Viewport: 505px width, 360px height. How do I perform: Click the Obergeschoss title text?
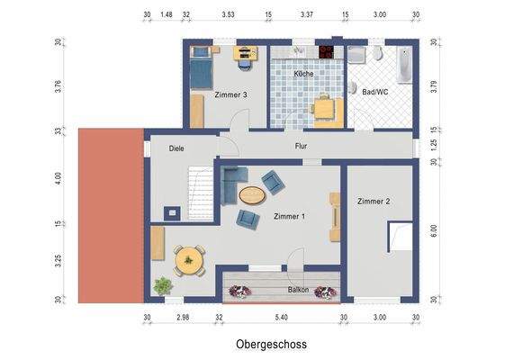[271, 344]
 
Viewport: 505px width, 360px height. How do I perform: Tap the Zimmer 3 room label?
[231, 95]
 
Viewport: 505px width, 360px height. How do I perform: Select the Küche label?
[303, 74]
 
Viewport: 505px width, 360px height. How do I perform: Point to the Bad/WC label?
[375, 92]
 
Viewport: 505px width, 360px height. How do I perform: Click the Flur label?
[302, 146]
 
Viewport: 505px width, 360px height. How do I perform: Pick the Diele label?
[176, 148]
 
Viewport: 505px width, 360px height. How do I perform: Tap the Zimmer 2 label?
[374, 202]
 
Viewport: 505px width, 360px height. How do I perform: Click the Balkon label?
[298, 290]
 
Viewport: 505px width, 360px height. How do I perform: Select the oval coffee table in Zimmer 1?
[252, 195]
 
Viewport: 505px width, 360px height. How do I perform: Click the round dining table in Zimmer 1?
[189, 260]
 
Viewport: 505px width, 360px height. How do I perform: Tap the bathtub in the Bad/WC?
[404, 66]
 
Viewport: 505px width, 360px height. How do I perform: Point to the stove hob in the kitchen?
[327, 52]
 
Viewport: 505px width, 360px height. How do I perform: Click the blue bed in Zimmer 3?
[201, 67]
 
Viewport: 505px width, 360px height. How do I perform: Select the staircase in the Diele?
[201, 193]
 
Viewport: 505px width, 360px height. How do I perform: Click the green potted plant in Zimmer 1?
[163, 285]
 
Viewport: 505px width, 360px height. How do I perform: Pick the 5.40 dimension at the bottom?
[281, 317]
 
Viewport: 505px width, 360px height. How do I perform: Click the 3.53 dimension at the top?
[228, 14]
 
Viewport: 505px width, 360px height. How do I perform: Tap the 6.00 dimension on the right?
[434, 231]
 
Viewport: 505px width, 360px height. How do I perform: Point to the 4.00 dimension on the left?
[58, 178]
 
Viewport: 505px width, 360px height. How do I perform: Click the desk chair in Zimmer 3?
[245, 64]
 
